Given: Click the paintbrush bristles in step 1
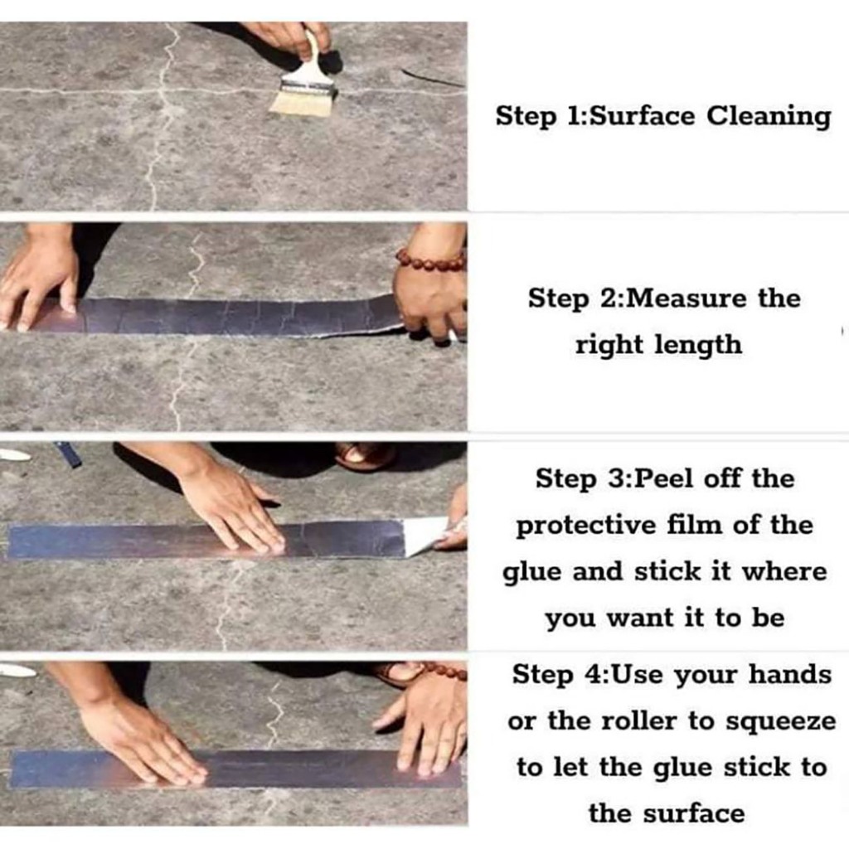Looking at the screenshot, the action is coord(302,102).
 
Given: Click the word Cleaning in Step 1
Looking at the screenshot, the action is coord(769,117).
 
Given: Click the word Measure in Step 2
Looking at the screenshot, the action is coord(687,298).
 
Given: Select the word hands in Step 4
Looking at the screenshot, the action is coord(790,675).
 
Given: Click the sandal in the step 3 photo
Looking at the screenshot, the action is coord(364,456).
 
